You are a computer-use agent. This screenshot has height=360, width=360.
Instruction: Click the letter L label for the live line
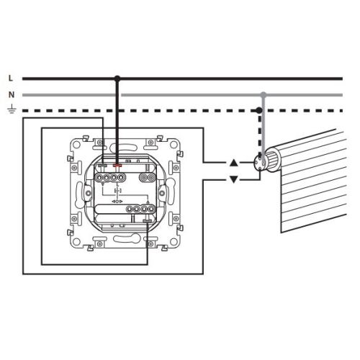click(x=10, y=78)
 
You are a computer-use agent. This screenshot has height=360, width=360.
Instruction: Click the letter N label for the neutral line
click(x=12, y=95)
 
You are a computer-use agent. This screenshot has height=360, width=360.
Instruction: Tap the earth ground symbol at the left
click(x=12, y=109)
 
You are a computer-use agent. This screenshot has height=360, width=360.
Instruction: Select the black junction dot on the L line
click(x=117, y=78)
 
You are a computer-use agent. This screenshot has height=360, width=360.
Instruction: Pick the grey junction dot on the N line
click(x=264, y=94)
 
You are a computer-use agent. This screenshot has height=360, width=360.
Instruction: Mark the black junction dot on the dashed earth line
click(x=259, y=111)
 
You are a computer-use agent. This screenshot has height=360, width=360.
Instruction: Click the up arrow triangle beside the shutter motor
click(x=234, y=163)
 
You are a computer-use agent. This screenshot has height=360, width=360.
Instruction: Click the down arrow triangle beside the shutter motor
click(x=234, y=179)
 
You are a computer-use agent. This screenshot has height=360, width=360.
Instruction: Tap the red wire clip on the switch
click(x=117, y=166)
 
